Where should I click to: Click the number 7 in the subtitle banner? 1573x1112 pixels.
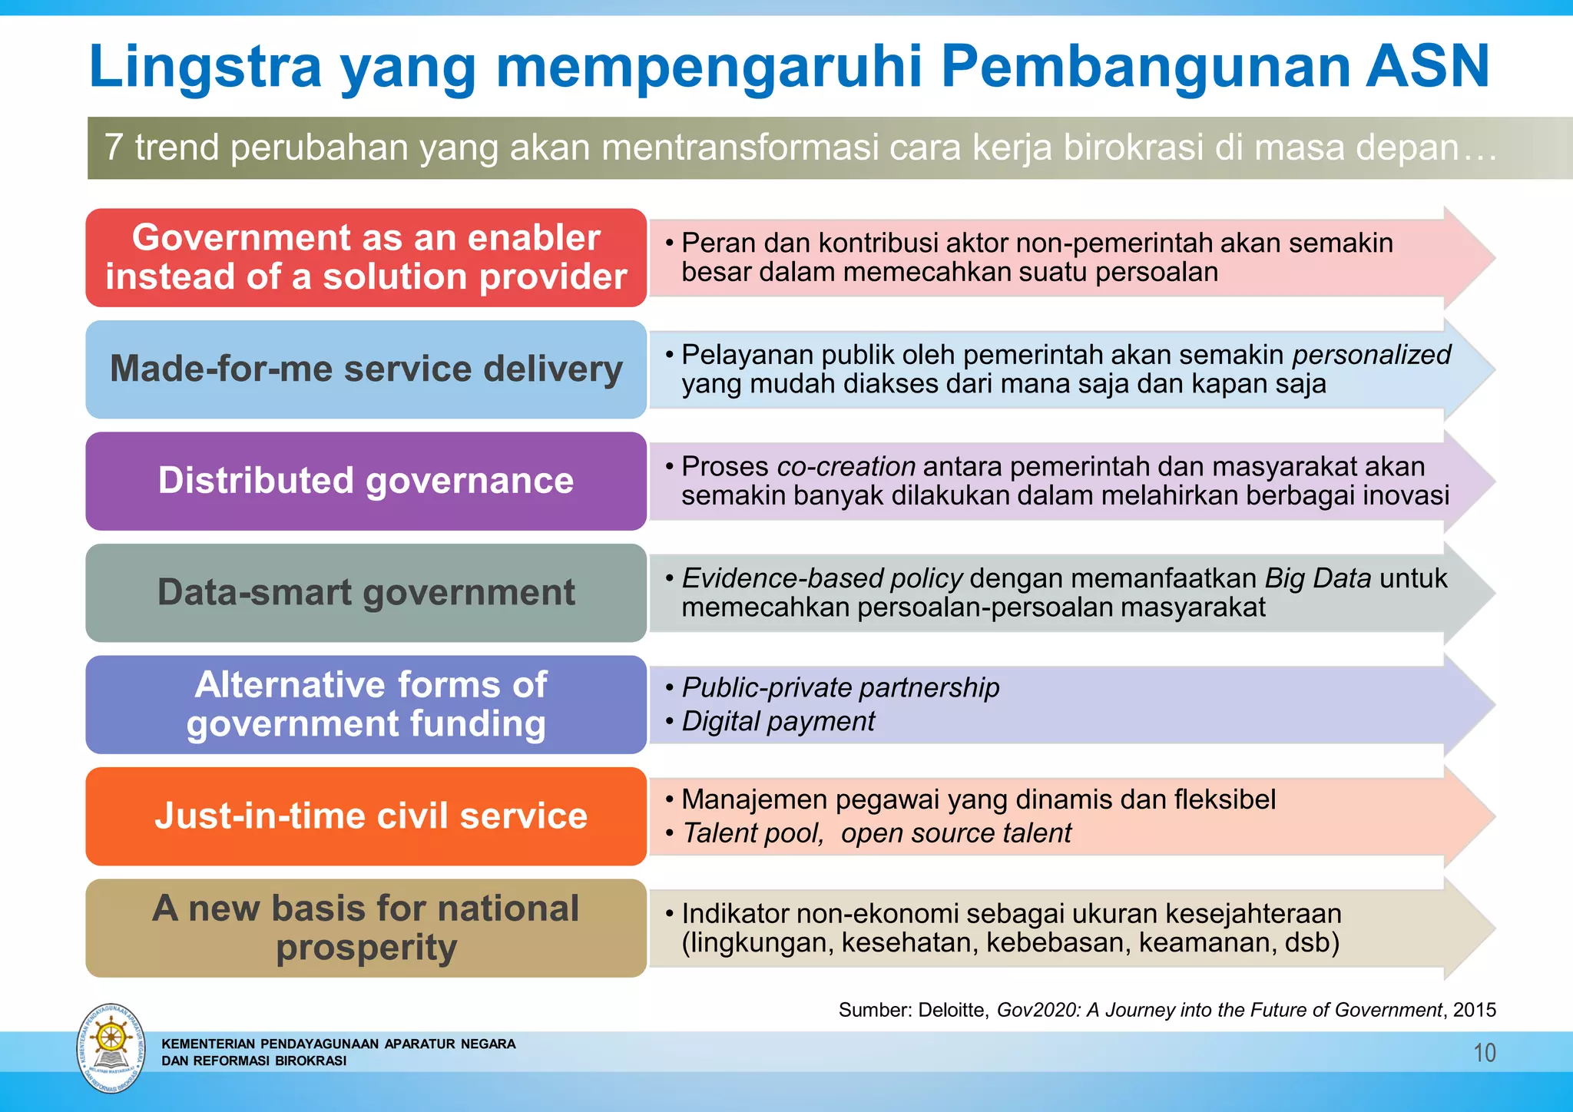pyautogui.click(x=114, y=147)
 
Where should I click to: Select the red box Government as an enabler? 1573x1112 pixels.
pyautogui.click(x=366, y=257)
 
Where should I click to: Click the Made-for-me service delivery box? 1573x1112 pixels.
pyautogui.click(x=366, y=369)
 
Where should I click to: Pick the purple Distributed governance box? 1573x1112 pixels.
pyautogui.click(x=366, y=481)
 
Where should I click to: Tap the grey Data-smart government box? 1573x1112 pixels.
pyautogui.click(x=366, y=593)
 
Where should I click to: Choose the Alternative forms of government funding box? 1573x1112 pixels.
pyautogui.click(x=366, y=704)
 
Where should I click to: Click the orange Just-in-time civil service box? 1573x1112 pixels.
pyautogui.click(x=366, y=816)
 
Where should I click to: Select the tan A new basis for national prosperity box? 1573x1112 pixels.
pyautogui.click(x=366, y=928)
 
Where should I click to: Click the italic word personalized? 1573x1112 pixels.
pyautogui.click(x=1371, y=356)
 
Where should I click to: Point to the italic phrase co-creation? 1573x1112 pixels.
pyautogui.click(x=846, y=467)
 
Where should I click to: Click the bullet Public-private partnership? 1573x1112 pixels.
pyautogui.click(x=840, y=688)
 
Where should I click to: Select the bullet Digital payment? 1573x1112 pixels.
pyautogui.click(x=778, y=722)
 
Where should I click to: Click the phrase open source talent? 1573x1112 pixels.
pyautogui.click(x=955, y=833)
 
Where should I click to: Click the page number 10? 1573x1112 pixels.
pyautogui.click(x=1484, y=1053)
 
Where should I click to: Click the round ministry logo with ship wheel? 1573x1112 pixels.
pyautogui.click(x=111, y=1047)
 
